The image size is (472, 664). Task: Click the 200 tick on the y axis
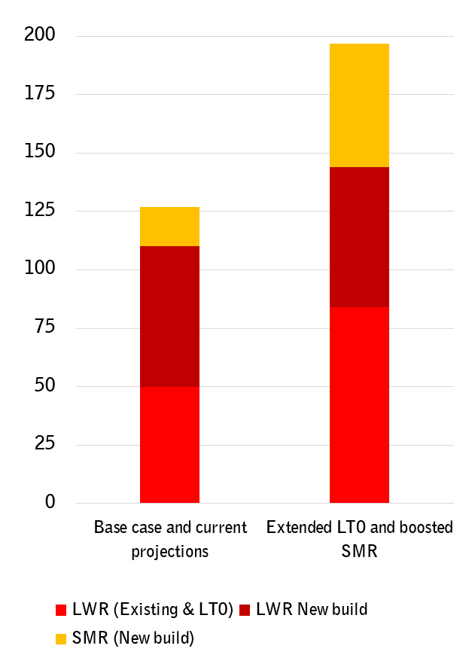tap(39, 36)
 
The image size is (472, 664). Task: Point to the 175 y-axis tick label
tap(39, 94)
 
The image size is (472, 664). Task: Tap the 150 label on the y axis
tap(39, 153)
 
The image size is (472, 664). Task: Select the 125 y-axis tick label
tap(39, 211)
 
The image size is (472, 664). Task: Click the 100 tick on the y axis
tap(39, 270)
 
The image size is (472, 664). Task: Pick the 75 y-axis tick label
tap(44, 327)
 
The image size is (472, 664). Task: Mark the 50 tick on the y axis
tap(44, 386)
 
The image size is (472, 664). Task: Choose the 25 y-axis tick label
tap(44, 444)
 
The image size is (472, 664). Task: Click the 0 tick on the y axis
tap(50, 502)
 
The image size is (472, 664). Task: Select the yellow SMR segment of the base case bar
tap(169, 227)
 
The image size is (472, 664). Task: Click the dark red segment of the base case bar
tap(169, 316)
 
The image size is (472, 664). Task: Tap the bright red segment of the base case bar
tap(169, 444)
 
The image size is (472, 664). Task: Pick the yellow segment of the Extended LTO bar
tap(359, 105)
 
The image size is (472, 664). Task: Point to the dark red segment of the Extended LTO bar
tap(359, 237)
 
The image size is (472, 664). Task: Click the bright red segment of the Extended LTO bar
tap(359, 404)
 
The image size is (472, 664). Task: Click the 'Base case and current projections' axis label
tap(170, 539)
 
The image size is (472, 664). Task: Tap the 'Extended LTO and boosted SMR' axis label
tap(359, 539)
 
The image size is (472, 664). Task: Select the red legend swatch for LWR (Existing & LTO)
tap(62, 610)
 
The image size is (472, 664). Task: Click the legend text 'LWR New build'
tap(312, 609)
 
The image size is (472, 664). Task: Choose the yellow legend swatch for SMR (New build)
tap(62, 639)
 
